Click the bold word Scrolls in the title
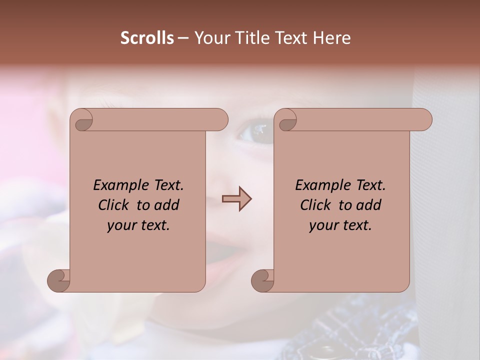click(147, 38)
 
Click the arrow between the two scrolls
click(236, 199)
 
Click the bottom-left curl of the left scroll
click(59, 281)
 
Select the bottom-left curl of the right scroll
click(263, 281)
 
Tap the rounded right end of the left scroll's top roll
click(220, 120)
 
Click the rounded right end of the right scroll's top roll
click(424, 120)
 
